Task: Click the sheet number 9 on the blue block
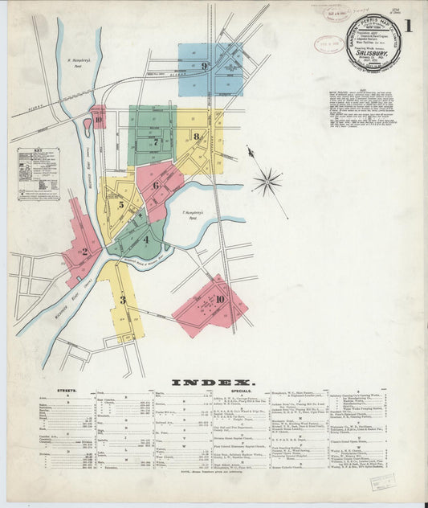coord(205,66)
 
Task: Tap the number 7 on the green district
coord(154,142)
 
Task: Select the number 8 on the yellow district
coord(196,137)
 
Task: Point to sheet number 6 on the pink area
coord(157,186)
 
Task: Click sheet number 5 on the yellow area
coord(122,204)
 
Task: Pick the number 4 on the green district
coord(145,239)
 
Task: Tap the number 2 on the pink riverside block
coord(84,252)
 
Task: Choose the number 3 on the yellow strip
coord(123,300)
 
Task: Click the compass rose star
coord(267,181)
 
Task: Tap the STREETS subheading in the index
coord(67,391)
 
